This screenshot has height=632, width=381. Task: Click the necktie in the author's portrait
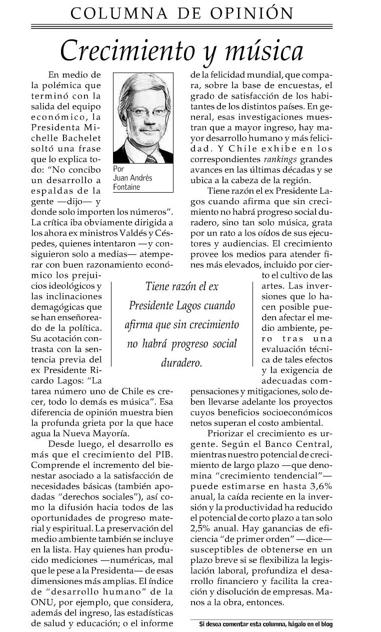pyautogui.click(x=150, y=159)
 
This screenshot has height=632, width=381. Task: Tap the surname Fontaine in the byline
pyautogui.click(x=126, y=187)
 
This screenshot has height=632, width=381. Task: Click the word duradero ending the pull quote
pyautogui.click(x=181, y=363)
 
